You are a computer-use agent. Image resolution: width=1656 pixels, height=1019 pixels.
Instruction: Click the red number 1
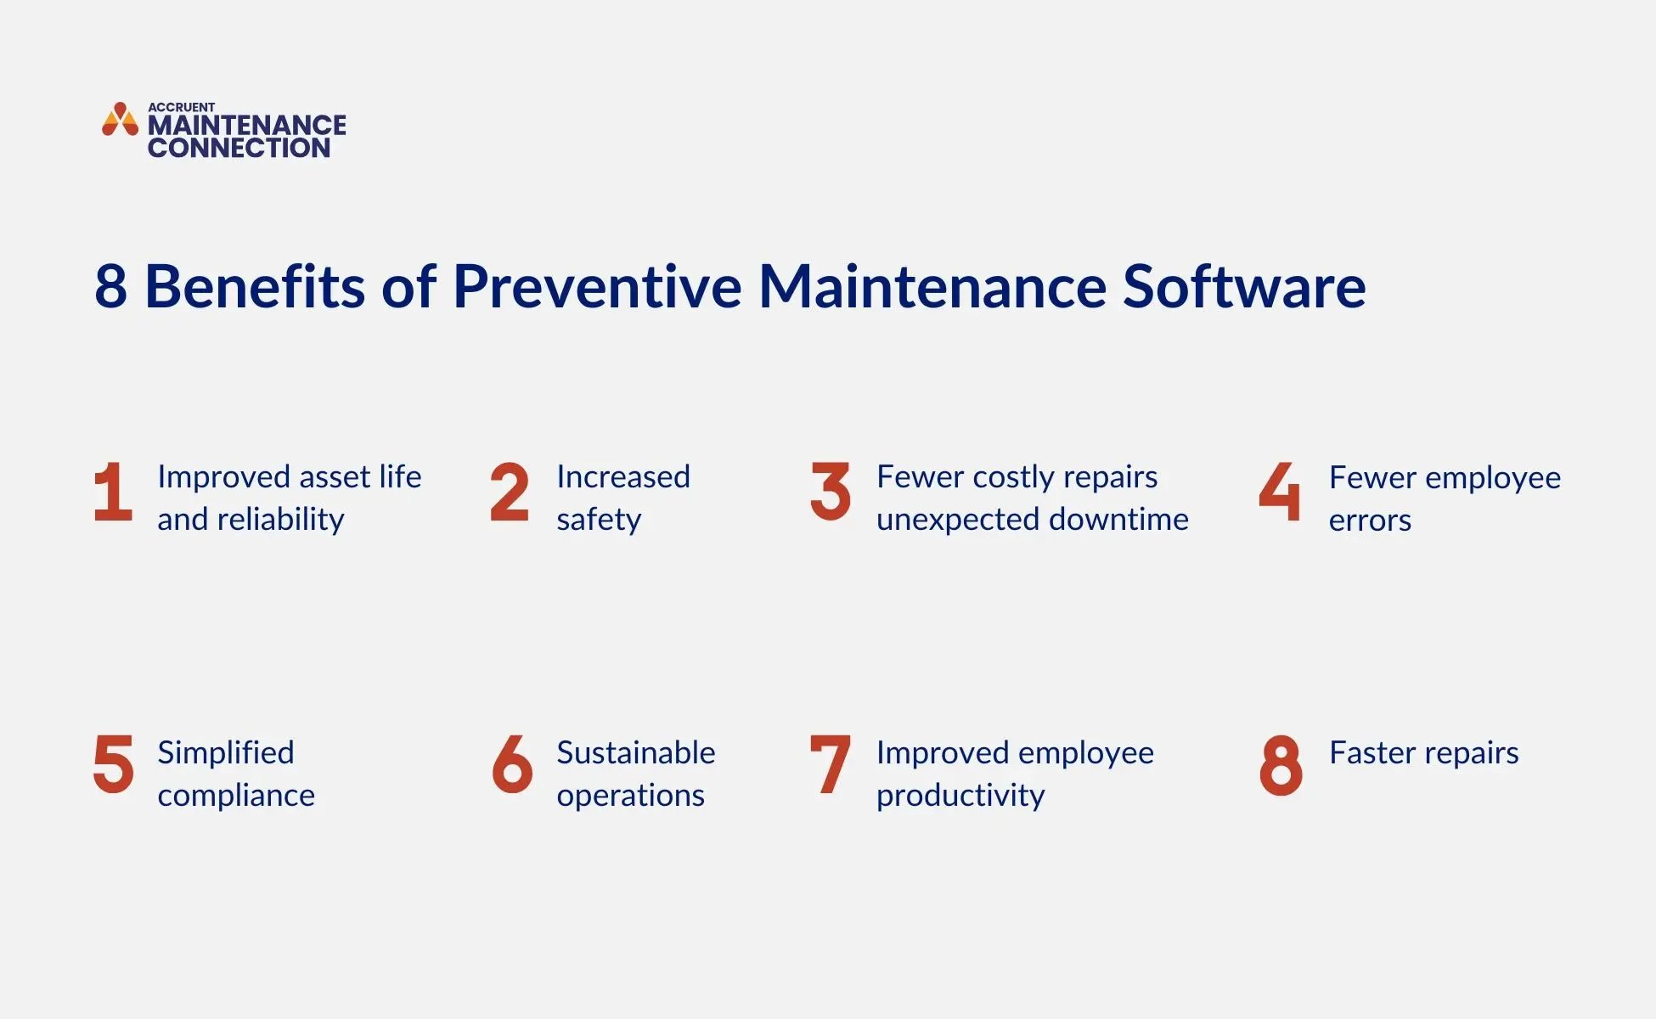click(x=113, y=492)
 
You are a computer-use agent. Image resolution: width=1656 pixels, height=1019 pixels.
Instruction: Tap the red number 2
click(x=510, y=492)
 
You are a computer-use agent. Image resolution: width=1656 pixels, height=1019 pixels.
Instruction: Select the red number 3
click(x=830, y=492)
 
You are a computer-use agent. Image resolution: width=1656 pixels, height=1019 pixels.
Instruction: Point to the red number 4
click(x=1279, y=492)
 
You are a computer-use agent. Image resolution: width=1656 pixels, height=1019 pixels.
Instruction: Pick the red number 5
click(x=113, y=764)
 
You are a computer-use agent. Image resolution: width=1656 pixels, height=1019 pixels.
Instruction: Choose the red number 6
click(x=512, y=764)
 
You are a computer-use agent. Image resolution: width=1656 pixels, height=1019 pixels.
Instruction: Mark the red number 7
click(x=830, y=764)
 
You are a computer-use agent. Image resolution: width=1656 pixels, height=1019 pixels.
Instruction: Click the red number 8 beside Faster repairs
click(x=1281, y=765)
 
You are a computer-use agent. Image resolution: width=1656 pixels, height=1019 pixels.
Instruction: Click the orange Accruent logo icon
click(x=120, y=120)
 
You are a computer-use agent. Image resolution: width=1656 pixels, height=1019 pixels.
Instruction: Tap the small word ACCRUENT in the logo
click(x=181, y=107)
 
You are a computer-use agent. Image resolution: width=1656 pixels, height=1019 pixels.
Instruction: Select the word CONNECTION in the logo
click(x=239, y=148)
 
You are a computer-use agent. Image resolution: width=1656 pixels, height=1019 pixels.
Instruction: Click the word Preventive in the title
click(x=597, y=286)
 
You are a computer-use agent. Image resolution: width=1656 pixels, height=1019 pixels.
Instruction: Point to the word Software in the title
click(x=1244, y=286)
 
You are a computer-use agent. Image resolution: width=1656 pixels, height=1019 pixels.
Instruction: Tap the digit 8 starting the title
click(x=110, y=286)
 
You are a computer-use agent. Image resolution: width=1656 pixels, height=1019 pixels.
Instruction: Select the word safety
click(x=599, y=520)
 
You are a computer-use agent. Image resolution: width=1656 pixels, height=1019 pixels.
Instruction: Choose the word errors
click(x=1370, y=521)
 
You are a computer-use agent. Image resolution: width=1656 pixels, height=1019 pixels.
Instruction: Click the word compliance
click(x=236, y=796)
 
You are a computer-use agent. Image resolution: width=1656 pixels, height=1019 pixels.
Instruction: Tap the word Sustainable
click(x=635, y=753)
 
